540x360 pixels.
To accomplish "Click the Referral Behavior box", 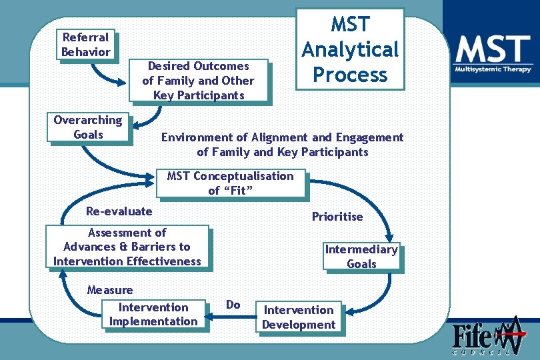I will tap(85, 45).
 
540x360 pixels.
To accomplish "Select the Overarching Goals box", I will tap(88, 127).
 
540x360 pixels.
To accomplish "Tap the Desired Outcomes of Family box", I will tap(199, 81).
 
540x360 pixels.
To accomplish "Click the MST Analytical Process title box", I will tap(350, 49).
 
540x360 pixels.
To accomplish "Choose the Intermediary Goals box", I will tap(361, 257).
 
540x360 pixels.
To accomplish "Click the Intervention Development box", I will tap(299, 317).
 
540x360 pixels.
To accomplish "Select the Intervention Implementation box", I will tap(153, 314).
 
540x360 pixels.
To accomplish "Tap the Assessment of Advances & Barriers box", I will tap(127, 247).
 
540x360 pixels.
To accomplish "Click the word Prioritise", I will tap(337, 217).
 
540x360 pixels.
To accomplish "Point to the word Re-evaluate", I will tap(119, 211).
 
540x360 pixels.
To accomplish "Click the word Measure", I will tap(110, 290).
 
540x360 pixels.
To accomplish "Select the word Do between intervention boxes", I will tap(233, 305).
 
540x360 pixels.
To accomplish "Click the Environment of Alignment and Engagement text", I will tap(282, 145).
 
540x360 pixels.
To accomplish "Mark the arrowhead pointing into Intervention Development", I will tap(349, 311).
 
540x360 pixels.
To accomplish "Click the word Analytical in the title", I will tap(350, 49).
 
